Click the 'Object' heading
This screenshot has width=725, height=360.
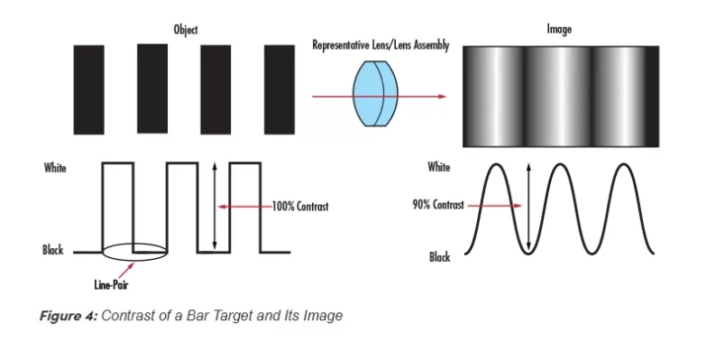click(186, 30)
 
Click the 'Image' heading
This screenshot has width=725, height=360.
click(559, 30)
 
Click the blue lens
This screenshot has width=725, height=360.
click(378, 93)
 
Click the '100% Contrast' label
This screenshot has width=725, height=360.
click(300, 206)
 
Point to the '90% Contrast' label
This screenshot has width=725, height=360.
click(437, 205)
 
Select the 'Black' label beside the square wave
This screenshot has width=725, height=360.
click(53, 250)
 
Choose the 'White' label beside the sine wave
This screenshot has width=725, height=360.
click(439, 167)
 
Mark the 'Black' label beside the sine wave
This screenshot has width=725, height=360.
click(439, 257)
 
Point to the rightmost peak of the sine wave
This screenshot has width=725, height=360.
click(622, 166)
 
